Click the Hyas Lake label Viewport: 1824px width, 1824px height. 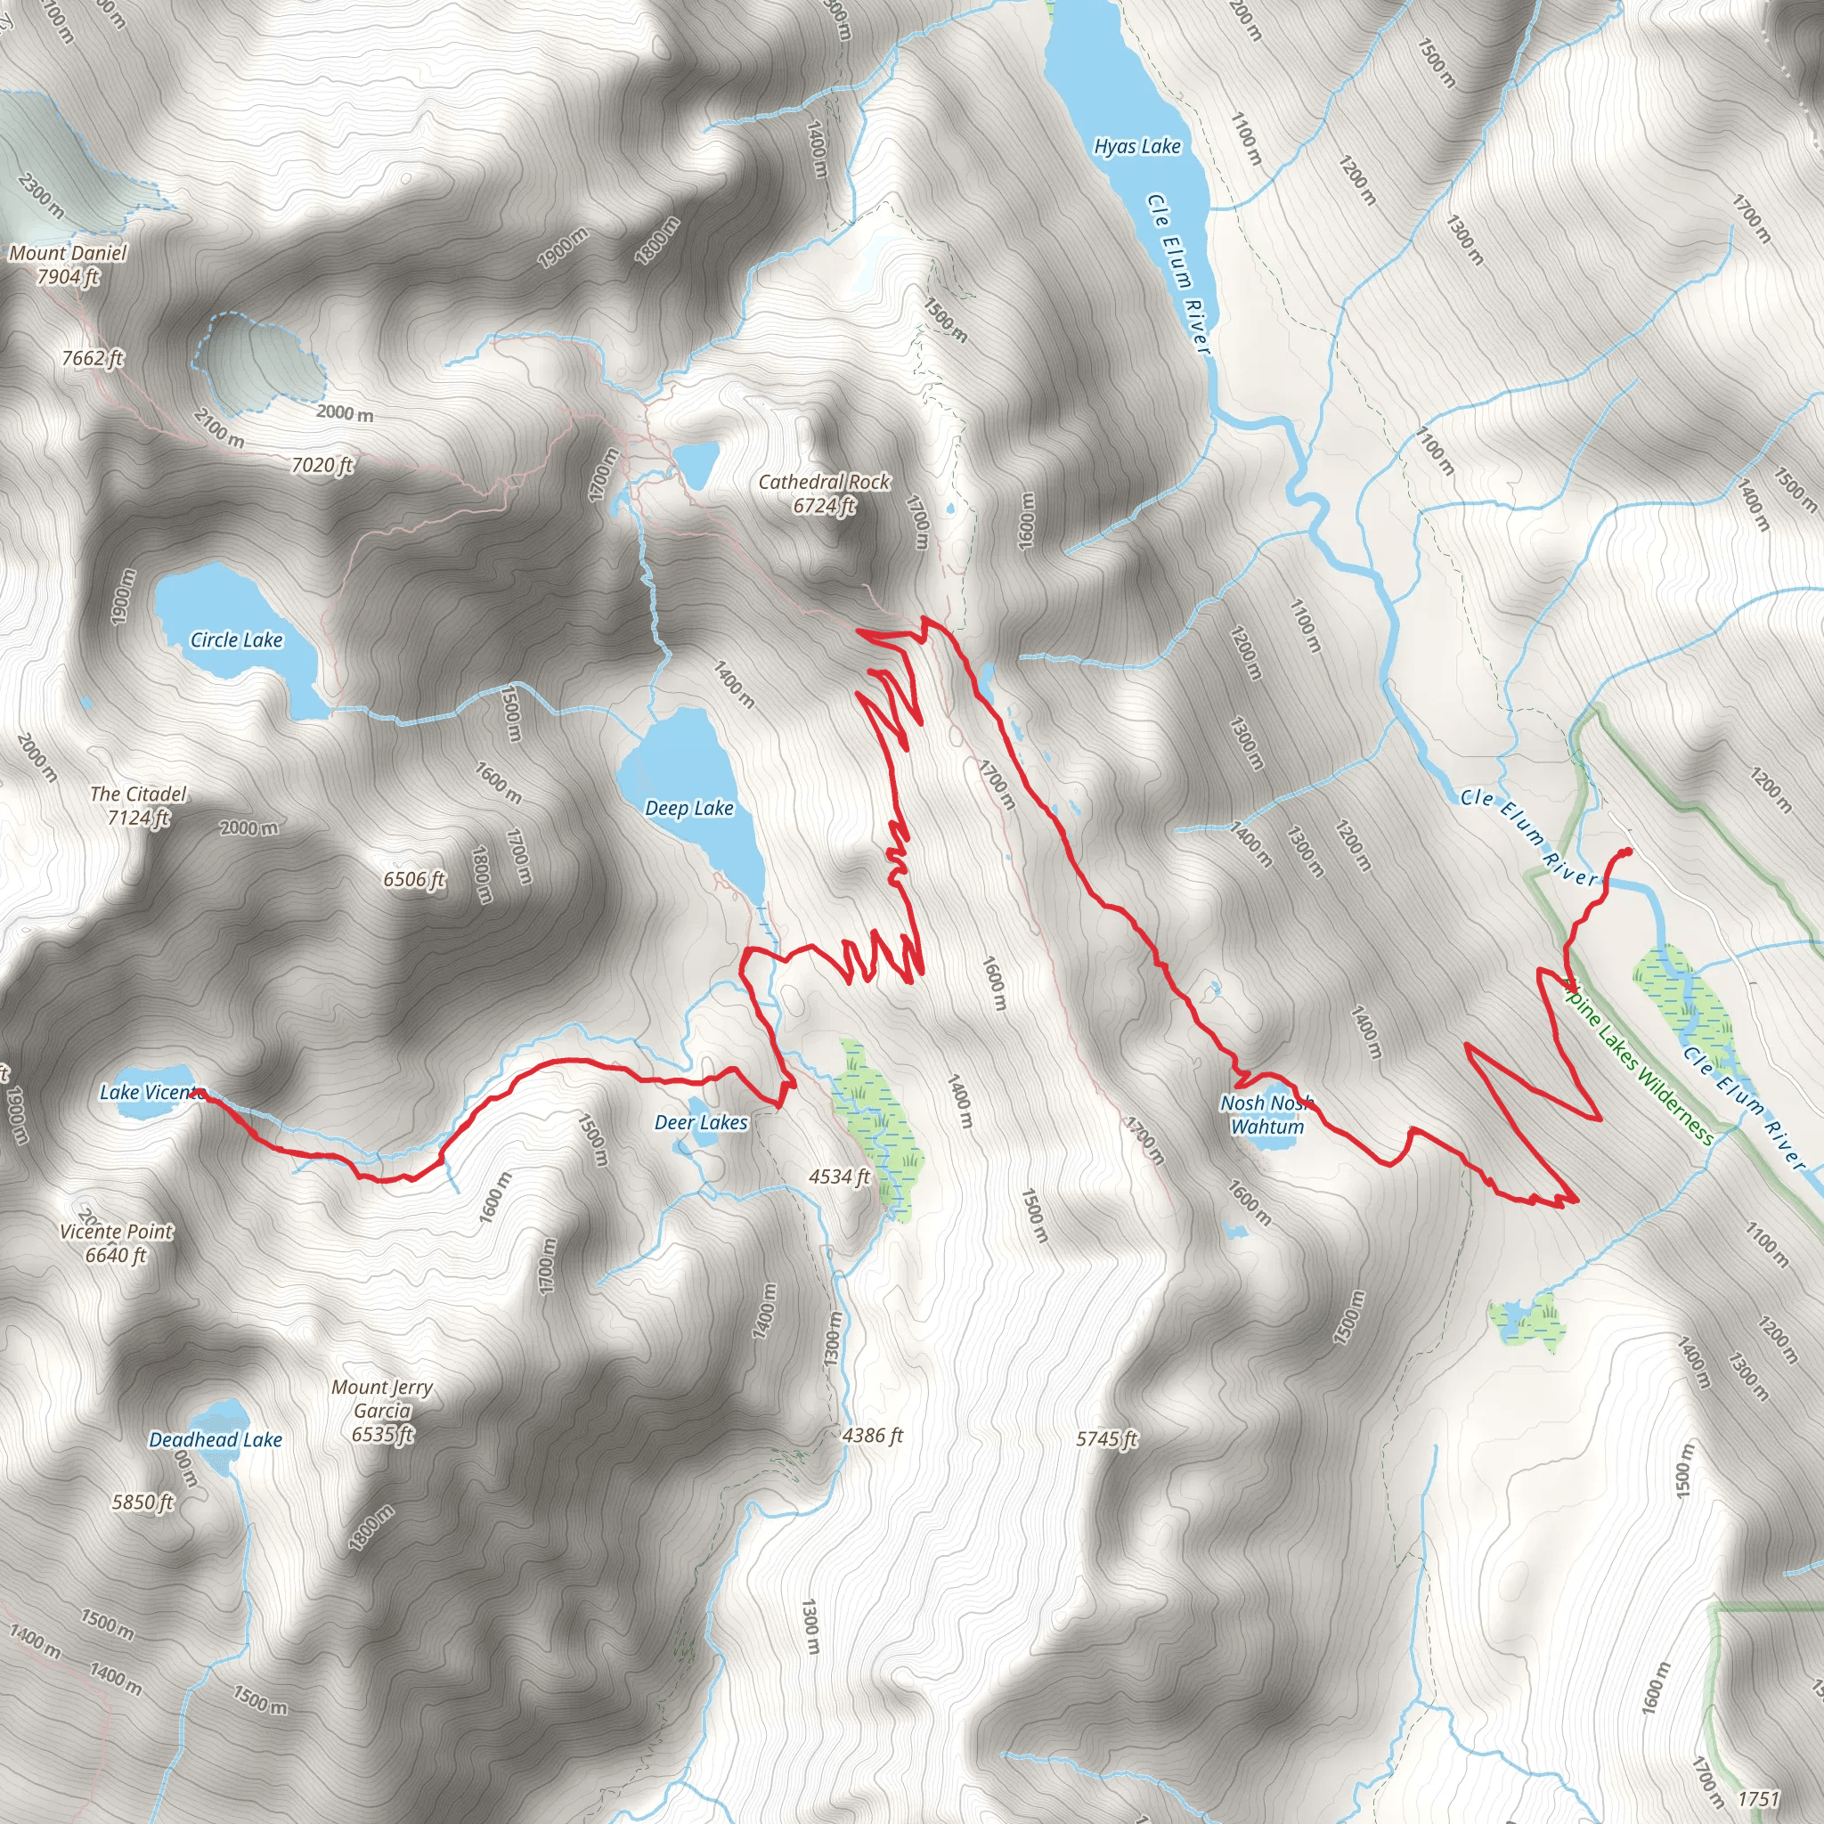tap(1136, 146)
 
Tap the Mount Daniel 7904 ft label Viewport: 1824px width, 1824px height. tap(68, 265)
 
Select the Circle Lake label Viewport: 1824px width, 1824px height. tap(236, 640)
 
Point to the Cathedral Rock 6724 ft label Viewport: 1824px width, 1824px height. tap(824, 493)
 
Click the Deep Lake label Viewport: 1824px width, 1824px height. tap(689, 808)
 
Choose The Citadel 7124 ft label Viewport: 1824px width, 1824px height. tap(138, 805)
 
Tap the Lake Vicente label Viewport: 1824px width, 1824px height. tap(151, 1092)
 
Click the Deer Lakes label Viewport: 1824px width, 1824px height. tap(701, 1122)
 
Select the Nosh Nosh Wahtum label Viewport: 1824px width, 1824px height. tap(1267, 1115)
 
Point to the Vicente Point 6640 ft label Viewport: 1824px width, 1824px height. tap(116, 1243)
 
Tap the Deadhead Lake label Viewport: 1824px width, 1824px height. tap(216, 1440)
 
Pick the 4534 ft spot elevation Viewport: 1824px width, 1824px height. tap(839, 1177)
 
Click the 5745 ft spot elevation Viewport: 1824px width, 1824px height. tap(1106, 1439)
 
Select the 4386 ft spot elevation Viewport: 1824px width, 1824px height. tap(872, 1435)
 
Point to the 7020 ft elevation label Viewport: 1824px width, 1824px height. tap(322, 465)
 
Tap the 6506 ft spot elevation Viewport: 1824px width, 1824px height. tap(413, 880)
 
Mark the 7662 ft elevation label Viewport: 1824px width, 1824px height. tap(93, 358)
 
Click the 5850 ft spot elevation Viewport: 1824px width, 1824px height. tap(142, 1502)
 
